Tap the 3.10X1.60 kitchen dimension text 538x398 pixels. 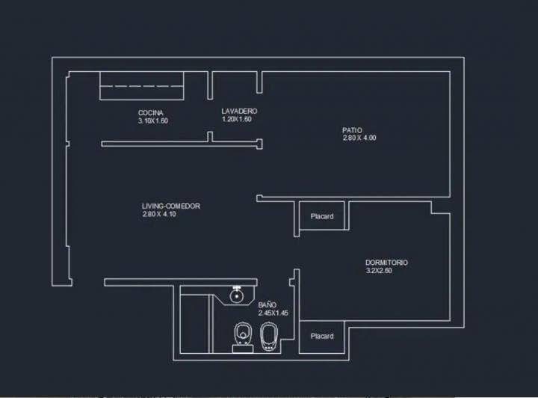153,120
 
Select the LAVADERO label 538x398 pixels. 239,111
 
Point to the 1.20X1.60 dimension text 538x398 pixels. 236,119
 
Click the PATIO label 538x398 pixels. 352,130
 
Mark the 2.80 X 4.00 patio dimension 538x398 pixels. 359,138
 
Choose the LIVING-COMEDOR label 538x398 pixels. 171,206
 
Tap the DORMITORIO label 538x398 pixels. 386,263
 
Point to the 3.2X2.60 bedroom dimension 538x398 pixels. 379,271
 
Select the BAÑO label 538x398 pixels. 268,305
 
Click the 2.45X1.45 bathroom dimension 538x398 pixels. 273,313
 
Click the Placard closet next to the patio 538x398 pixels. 322,217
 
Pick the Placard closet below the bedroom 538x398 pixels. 322,337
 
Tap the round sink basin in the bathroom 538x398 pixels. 237,296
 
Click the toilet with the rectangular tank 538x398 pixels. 242,334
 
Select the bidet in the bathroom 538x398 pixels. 269,337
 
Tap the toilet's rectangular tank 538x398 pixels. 242,348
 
